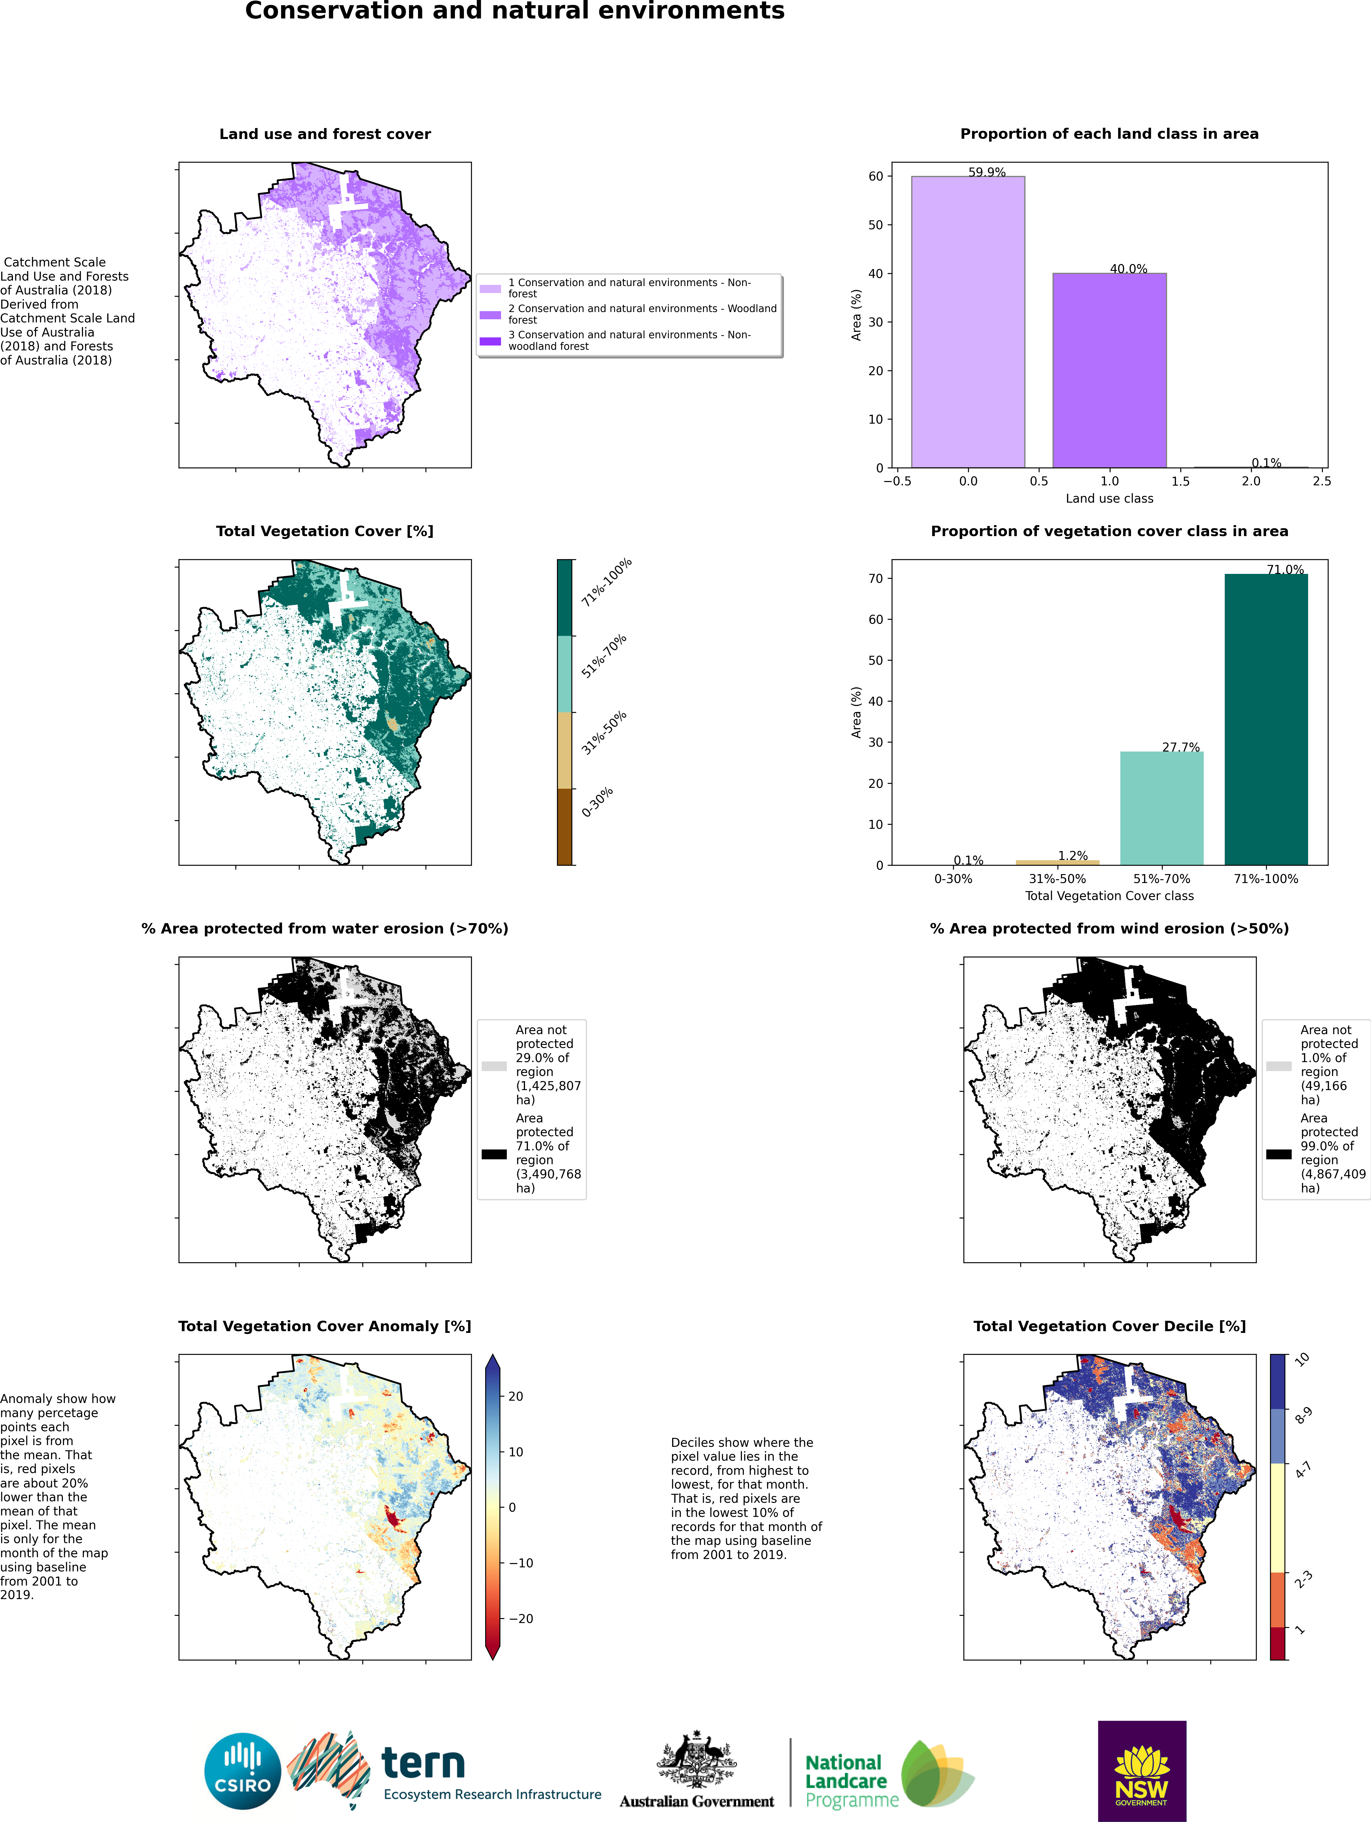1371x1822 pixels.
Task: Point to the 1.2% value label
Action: (x=1073, y=856)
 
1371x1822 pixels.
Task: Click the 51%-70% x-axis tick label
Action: (x=1162, y=879)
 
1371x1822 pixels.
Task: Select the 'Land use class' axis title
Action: (x=1109, y=498)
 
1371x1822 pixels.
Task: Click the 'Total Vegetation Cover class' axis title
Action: (x=1109, y=895)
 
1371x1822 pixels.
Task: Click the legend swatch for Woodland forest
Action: (x=490, y=315)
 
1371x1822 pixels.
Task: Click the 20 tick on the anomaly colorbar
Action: (x=516, y=1396)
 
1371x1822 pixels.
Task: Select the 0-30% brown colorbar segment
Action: (x=564, y=826)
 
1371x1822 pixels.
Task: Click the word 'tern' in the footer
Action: (x=423, y=1763)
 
